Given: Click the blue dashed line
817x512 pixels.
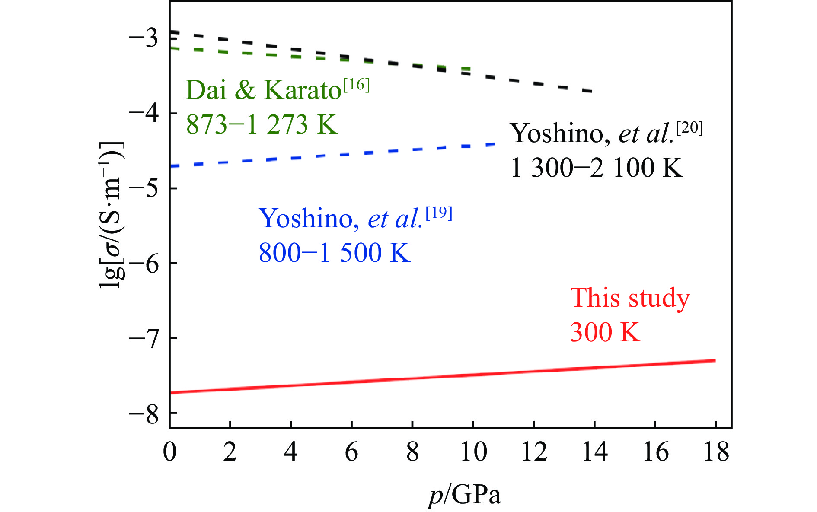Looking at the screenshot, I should tap(333, 155).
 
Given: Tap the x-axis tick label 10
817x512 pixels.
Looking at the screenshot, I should tap(473, 452).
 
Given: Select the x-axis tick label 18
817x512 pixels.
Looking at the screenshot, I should tap(716, 452).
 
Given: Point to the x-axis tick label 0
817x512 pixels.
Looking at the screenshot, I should tap(170, 452).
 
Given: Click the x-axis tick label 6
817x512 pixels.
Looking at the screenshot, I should tap(352, 452).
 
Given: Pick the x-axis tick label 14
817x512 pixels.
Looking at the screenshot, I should tap(595, 452).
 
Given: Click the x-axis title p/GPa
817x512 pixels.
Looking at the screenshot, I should tap(465, 495).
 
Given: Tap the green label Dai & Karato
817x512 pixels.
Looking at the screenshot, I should tap(264, 90).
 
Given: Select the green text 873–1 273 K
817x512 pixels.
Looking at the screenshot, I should tap(262, 124).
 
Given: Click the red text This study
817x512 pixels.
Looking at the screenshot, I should tap(630, 298).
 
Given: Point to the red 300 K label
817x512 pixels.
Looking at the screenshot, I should tap(605, 332).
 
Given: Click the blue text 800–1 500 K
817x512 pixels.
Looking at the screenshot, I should tap(334, 253).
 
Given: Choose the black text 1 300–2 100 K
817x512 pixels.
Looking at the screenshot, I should tap(597, 168).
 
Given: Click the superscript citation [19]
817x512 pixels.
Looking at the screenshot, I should tap(439, 214).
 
